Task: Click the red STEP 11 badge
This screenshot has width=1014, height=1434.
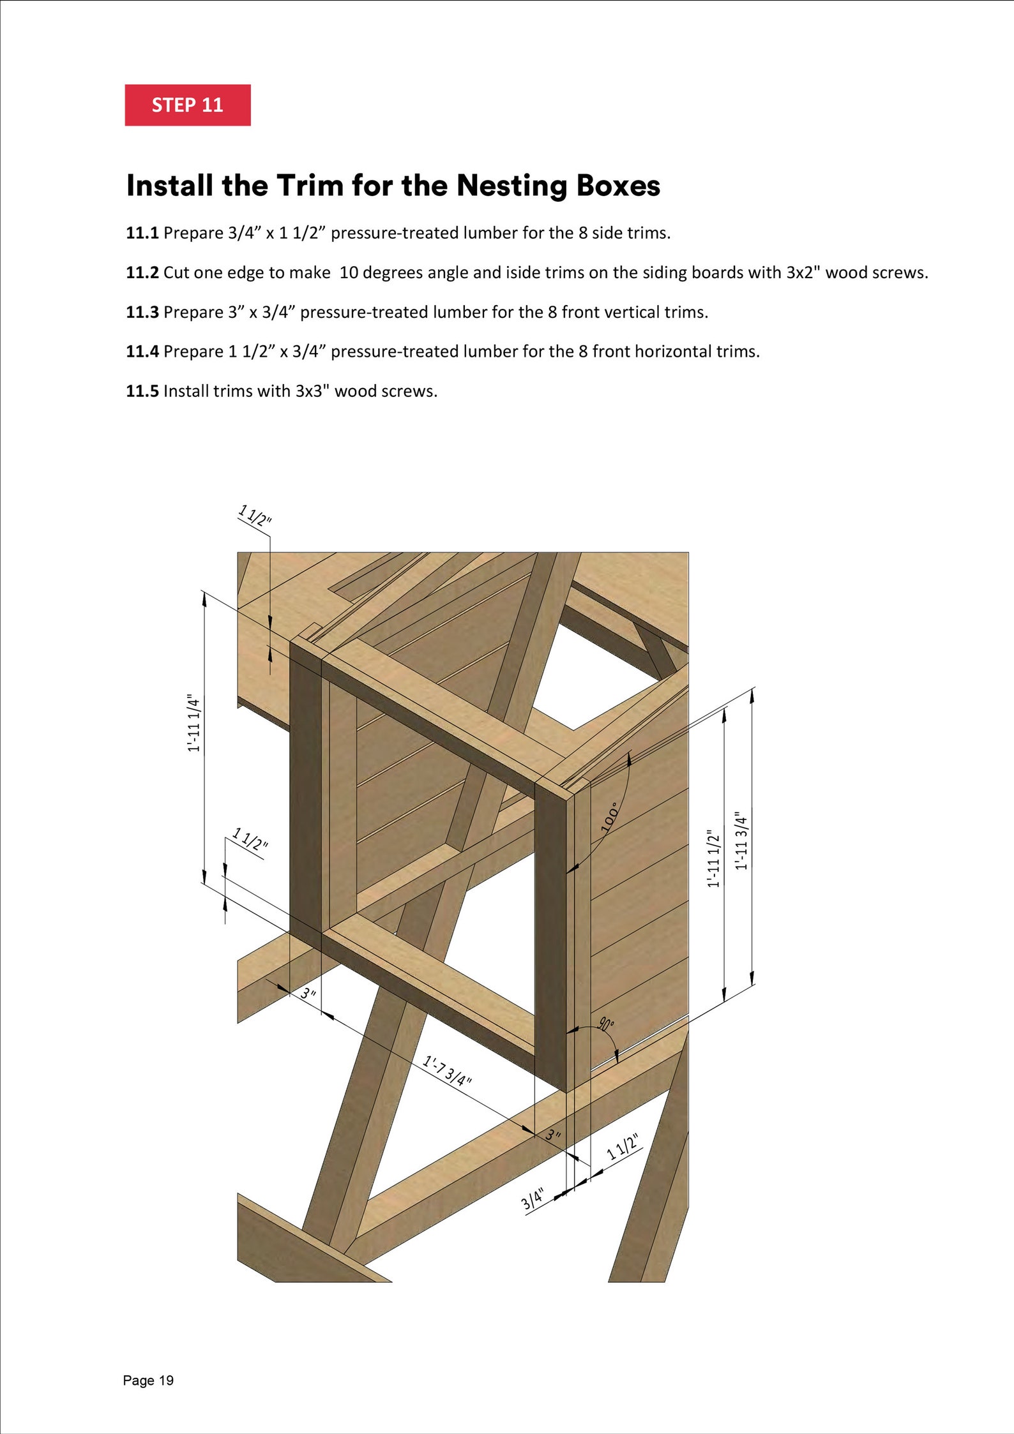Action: pos(187,105)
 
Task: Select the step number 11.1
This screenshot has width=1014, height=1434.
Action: pos(142,233)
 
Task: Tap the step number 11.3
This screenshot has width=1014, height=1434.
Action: pos(142,312)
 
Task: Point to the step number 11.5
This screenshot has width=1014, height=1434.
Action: pos(142,391)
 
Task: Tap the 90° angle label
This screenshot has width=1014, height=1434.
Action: pos(606,1025)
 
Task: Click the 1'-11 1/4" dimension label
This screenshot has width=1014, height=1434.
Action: pos(193,723)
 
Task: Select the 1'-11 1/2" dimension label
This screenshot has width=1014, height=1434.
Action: pos(713,858)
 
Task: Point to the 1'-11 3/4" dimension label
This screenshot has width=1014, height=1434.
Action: pos(741,840)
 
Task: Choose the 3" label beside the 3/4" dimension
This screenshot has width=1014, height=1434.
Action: pos(553,1135)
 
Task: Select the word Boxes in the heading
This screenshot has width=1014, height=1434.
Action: pos(618,186)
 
